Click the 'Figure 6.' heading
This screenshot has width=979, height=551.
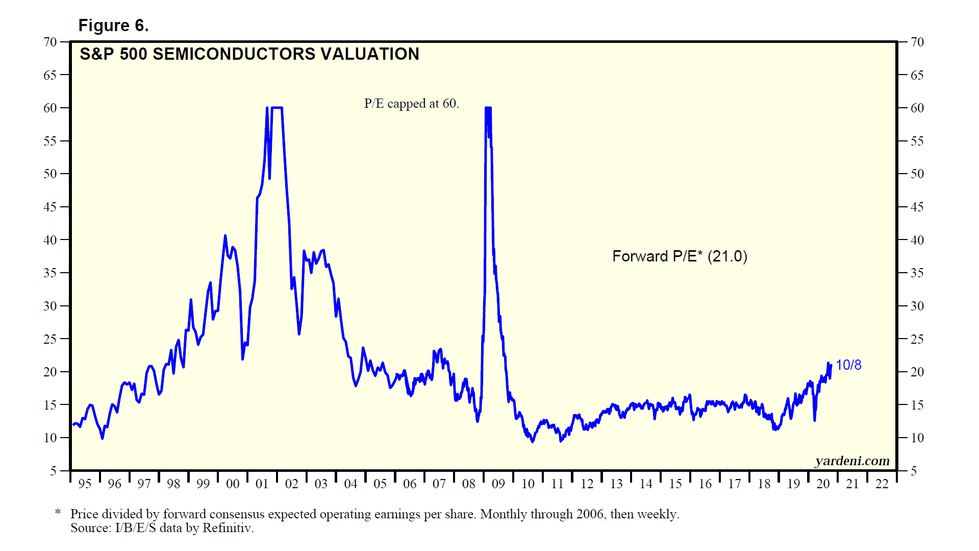pos(113,26)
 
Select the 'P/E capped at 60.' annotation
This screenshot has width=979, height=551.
pos(411,104)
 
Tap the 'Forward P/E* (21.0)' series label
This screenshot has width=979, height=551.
pos(680,256)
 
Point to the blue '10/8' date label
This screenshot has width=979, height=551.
pos(848,365)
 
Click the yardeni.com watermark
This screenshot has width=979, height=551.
pos(852,461)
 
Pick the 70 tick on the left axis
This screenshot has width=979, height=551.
pos(50,42)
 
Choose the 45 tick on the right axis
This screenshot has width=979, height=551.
pos(917,207)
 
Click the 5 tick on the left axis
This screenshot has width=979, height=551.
pos(54,471)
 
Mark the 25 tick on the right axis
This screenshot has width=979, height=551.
pos(917,339)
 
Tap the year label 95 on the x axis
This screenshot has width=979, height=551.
pos(85,484)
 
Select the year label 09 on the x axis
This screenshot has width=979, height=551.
pos(498,484)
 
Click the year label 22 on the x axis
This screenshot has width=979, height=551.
pos(882,484)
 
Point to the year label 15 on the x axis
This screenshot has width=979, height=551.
pos(675,484)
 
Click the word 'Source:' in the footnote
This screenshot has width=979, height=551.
pos(91,528)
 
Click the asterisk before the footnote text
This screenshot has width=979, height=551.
pos(58,512)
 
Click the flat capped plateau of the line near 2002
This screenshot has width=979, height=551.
pos(277,108)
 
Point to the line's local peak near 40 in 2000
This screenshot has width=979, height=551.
pos(225,236)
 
